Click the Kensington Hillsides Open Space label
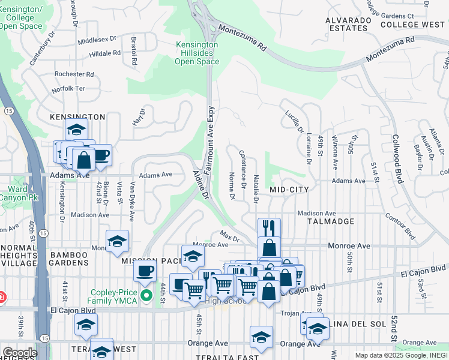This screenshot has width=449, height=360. click(197, 53)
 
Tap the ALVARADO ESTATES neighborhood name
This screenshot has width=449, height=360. click(348, 24)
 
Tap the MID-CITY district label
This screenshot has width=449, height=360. click(289, 190)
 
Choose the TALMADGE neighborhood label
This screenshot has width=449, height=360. click(331, 221)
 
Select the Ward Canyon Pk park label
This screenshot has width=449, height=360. click(14, 194)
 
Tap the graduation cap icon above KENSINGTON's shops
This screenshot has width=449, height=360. click(77, 128)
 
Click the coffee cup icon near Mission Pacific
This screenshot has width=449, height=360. click(145, 270)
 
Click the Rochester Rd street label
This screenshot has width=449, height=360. click(74, 74)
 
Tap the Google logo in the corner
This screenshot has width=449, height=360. click(20, 353)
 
